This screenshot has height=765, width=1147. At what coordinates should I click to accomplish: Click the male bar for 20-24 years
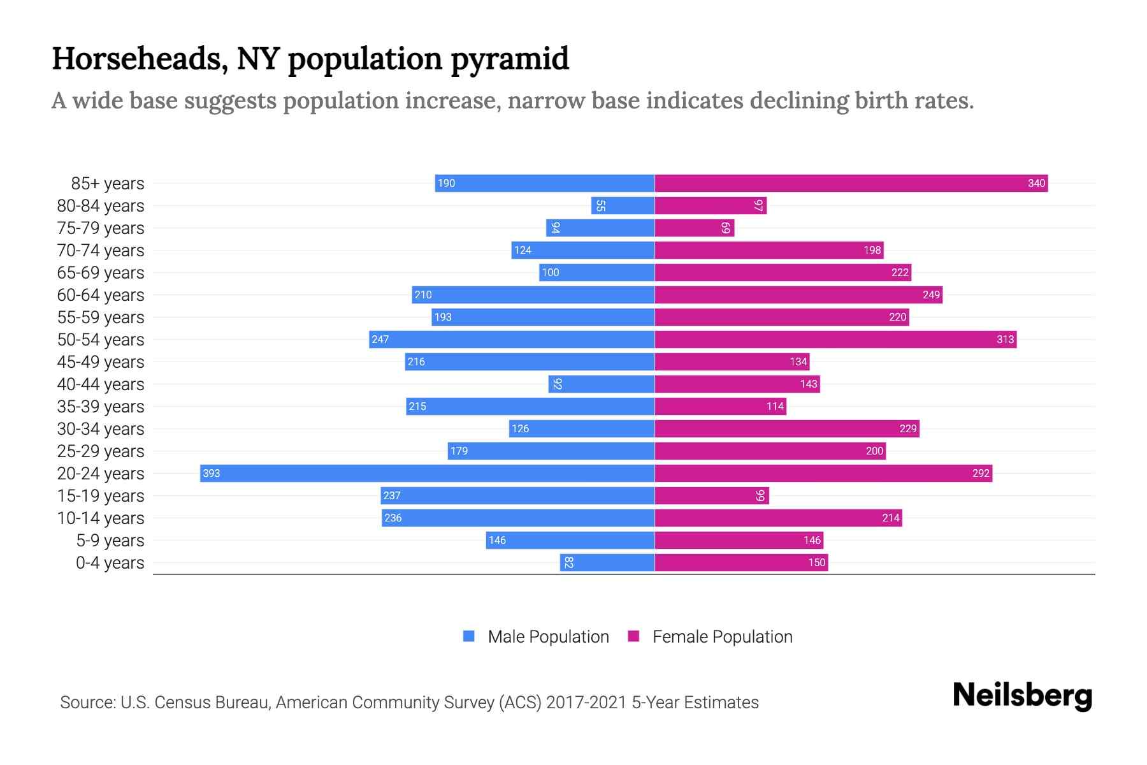(x=427, y=473)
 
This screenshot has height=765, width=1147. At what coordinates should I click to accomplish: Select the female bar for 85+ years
(x=851, y=183)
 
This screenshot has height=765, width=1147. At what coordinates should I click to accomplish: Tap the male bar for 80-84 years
(x=623, y=205)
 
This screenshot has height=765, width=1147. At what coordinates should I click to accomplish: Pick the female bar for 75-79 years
(x=694, y=228)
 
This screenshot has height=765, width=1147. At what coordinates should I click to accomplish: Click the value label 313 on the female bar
(x=1005, y=339)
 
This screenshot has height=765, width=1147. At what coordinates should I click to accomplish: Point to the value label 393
(x=211, y=473)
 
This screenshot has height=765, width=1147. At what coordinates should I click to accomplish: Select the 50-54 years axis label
(x=101, y=339)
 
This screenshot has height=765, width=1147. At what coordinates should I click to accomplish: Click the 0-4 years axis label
(x=110, y=562)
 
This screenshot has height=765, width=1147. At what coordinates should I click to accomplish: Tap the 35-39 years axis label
(x=101, y=406)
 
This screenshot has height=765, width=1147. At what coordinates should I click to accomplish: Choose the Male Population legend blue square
(x=469, y=636)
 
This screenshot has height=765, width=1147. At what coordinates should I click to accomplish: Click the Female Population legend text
(x=722, y=636)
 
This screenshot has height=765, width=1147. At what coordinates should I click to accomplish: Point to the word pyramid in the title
(x=509, y=59)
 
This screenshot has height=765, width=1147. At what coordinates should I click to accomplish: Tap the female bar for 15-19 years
(x=711, y=495)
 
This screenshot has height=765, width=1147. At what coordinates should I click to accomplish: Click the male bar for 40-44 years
(x=601, y=384)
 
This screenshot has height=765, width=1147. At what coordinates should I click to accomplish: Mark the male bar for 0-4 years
(x=607, y=562)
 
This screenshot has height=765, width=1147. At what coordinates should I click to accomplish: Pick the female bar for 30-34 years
(x=786, y=428)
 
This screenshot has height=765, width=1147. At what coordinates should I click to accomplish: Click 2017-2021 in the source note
(x=586, y=703)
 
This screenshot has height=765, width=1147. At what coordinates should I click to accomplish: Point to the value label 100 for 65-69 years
(x=550, y=272)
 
